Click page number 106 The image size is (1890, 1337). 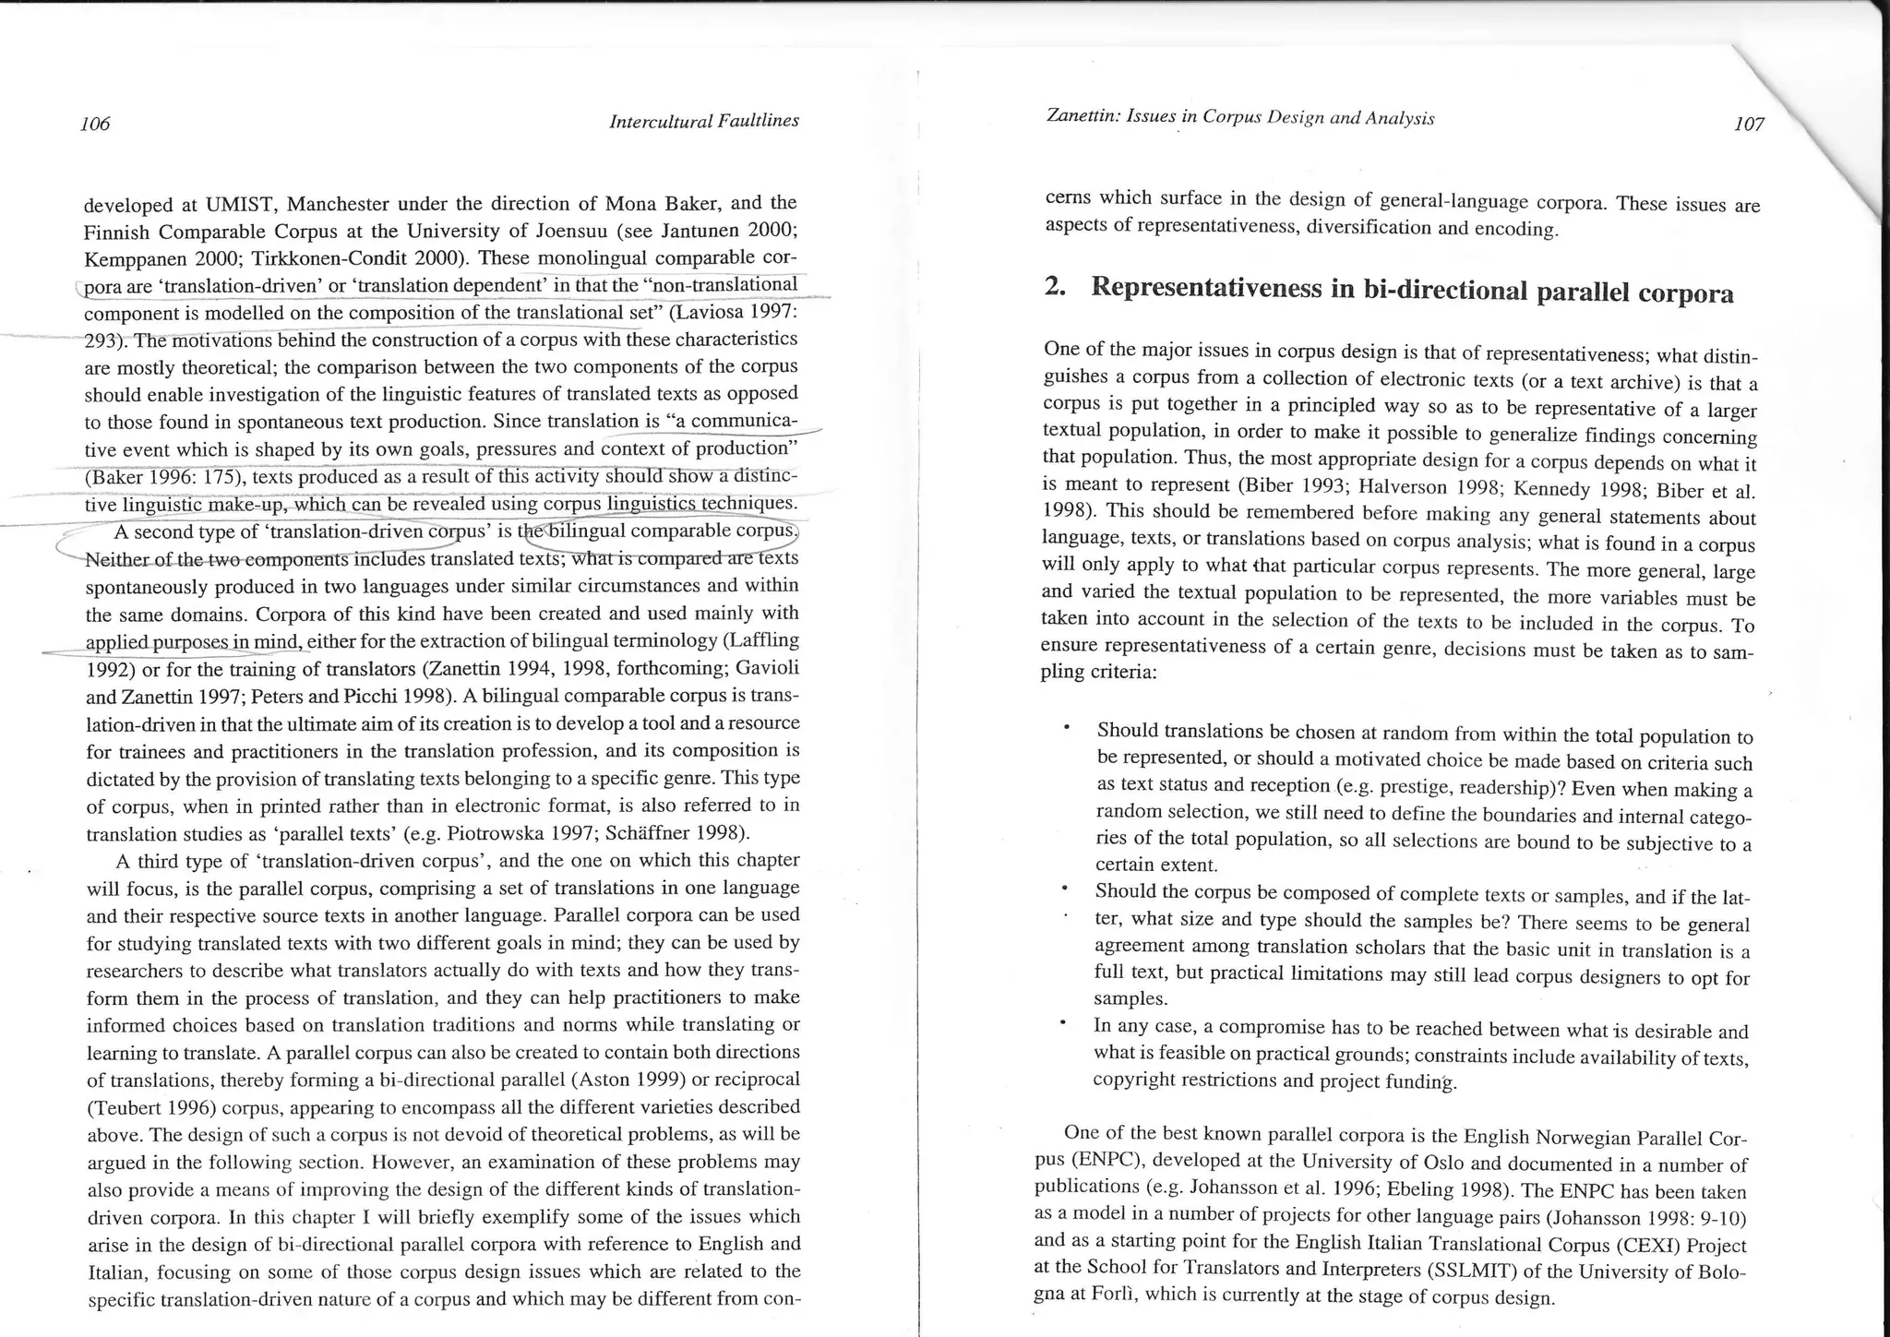(95, 124)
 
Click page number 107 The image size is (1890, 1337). (1749, 124)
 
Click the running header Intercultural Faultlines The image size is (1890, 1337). (703, 121)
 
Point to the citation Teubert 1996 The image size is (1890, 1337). (151, 1107)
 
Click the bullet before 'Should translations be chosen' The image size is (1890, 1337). (1066, 729)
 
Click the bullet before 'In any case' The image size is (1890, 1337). (1063, 1022)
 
